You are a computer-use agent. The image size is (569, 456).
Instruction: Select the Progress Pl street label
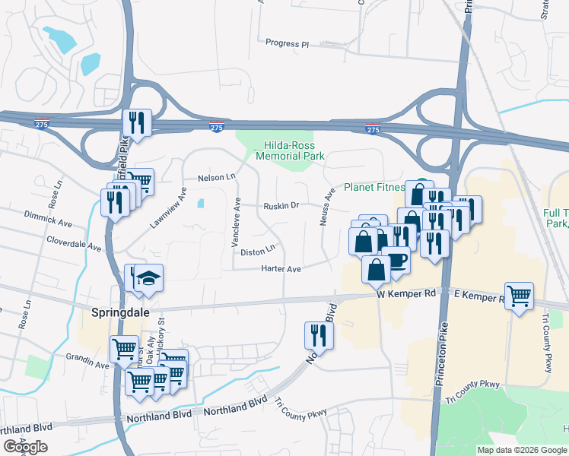(287, 43)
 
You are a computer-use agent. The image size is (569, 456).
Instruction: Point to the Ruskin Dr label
(281, 206)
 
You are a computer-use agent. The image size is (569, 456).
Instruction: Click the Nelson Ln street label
(217, 177)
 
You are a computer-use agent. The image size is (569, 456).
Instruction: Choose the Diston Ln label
(257, 249)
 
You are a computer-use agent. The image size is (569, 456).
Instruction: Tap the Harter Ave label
(281, 269)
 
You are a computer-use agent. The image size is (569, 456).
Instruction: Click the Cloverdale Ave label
(74, 248)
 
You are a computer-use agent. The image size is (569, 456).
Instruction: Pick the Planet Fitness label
(374, 187)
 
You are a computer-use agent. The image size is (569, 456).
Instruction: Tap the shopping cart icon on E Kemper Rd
(519, 295)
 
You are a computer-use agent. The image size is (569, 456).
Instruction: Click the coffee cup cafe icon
(396, 261)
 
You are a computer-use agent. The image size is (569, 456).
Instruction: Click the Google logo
(25, 447)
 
